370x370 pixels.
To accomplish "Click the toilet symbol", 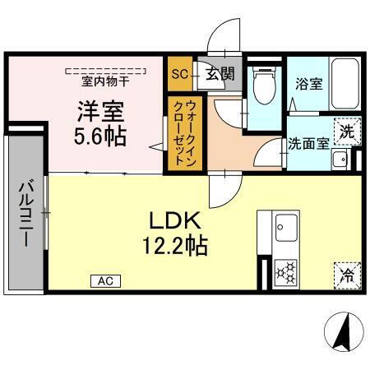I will click(262, 86).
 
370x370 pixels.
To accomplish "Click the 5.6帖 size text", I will click(100, 136).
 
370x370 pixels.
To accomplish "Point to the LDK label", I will click(174, 220).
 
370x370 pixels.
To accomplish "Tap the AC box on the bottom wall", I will click(105, 281).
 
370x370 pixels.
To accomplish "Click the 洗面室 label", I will click(308, 142).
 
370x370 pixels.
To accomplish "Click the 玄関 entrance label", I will click(218, 74).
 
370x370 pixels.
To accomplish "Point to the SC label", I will click(179, 74).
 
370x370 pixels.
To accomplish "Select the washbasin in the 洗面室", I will click(338, 160).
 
